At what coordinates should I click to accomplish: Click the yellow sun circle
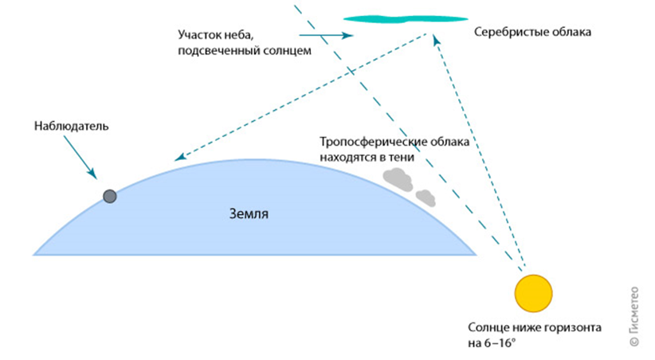[x=533, y=292]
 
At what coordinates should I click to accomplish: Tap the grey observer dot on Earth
[x=110, y=196]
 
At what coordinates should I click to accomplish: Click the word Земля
[x=249, y=214]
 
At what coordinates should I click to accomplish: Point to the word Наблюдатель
[x=71, y=127]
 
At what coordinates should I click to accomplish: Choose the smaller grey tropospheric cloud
[x=426, y=196]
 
